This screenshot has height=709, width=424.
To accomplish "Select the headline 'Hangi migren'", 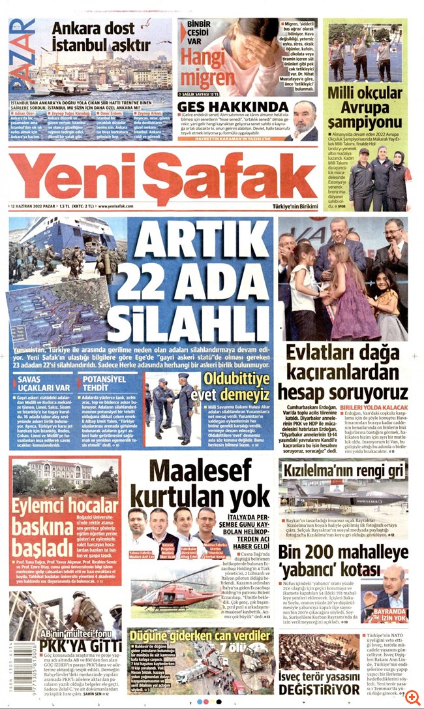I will click(207, 68).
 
